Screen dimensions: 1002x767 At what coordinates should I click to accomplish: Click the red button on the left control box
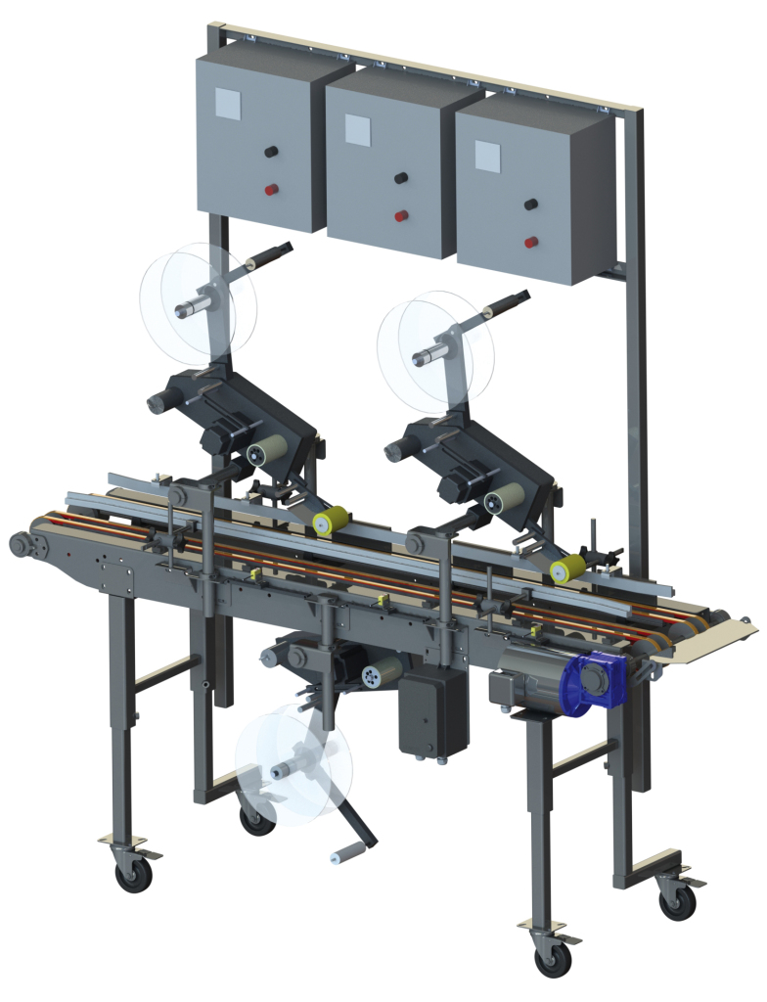pyautogui.click(x=271, y=189)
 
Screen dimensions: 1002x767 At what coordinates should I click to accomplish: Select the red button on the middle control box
pyautogui.click(x=401, y=215)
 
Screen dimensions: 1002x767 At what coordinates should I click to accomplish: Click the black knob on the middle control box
pyautogui.click(x=401, y=178)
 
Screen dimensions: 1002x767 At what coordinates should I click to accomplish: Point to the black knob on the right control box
pyautogui.click(x=531, y=205)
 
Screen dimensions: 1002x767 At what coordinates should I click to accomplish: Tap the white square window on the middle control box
pyautogui.click(x=357, y=129)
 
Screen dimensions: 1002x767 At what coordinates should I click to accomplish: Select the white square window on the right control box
pyautogui.click(x=485, y=155)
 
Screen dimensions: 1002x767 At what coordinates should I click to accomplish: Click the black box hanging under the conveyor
pyautogui.click(x=433, y=712)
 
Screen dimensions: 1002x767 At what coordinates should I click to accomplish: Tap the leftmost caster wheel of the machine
pyautogui.click(x=132, y=873)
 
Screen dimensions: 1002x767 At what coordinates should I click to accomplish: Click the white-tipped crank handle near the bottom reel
pyautogui.click(x=338, y=857)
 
